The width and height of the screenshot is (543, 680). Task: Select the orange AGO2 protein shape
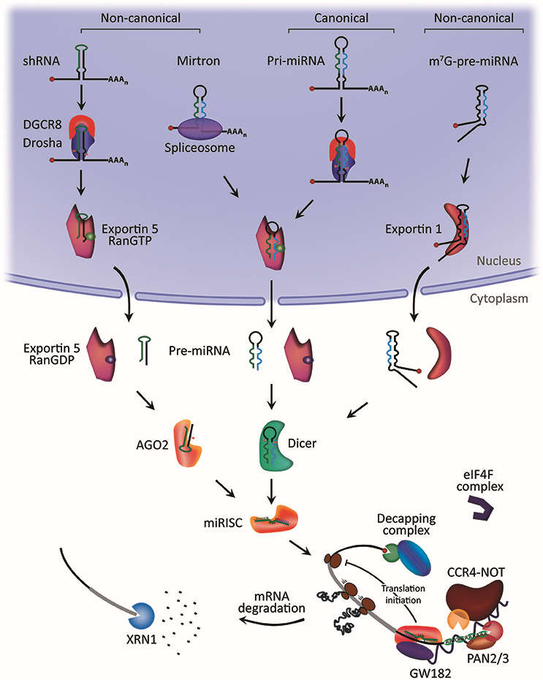[x=186, y=439]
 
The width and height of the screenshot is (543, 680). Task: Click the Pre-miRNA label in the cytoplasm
[x=203, y=350]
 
